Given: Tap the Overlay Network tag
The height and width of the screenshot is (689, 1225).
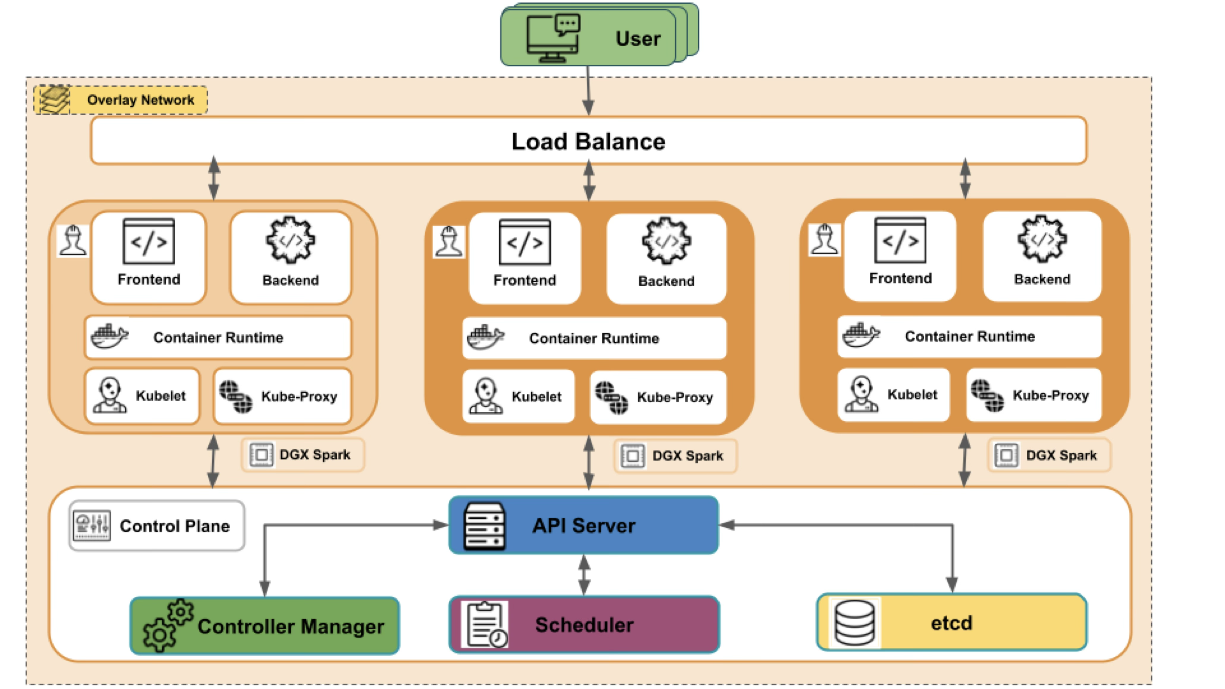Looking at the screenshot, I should (121, 100).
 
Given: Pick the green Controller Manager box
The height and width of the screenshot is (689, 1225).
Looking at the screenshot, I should (265, 626).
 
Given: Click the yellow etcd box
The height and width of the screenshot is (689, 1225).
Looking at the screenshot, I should (951, 622).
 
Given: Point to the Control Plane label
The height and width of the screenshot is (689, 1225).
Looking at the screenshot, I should (157, 526).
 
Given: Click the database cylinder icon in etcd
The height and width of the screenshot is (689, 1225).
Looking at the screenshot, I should (855, 622).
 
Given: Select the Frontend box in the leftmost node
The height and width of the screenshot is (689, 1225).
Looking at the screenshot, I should (149, 257).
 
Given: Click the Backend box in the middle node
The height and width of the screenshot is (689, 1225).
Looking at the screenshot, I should (666, 258).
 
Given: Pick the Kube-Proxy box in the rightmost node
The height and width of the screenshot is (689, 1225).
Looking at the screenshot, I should (1034, 395).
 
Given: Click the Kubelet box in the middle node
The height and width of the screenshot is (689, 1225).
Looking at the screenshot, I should (518, 396).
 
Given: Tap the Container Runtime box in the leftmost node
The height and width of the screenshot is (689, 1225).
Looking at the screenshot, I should (218, 337).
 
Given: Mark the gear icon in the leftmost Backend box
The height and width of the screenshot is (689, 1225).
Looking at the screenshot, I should (290, 240).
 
